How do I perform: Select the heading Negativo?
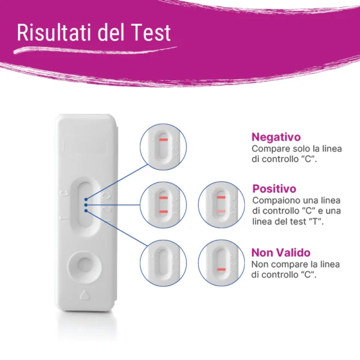276,137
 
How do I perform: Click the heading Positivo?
274,189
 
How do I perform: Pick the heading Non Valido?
281,253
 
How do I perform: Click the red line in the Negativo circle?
164,140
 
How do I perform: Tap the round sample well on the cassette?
85,265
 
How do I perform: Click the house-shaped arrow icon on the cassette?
85,295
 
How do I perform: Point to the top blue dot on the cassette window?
86,199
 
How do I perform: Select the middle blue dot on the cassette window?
86,205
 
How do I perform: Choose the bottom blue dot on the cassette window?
86,211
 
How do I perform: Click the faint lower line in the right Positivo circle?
221,211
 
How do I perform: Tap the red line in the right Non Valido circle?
221,269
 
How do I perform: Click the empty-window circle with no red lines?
163,263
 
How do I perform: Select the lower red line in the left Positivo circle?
163,212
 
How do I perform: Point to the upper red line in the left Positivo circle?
163,197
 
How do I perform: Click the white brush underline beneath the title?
95,50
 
